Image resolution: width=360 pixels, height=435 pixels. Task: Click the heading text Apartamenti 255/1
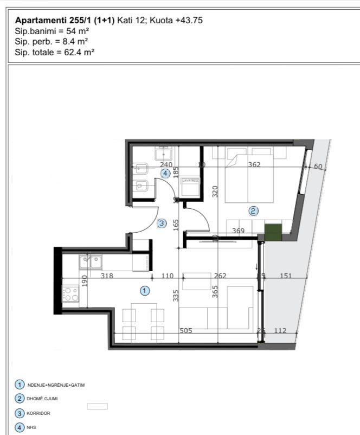coord(54,20)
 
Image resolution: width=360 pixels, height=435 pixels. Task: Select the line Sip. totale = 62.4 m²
coord(52,53)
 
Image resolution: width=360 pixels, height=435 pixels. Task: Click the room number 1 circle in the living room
coord(145,291)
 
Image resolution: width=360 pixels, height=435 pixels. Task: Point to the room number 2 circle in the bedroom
coord(253,210)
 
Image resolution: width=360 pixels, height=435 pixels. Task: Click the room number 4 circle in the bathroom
coord(165,172)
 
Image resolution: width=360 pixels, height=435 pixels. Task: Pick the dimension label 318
coord(107,276)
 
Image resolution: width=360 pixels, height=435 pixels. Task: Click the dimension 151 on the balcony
coord(285,276)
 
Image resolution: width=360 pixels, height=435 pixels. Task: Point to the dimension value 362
coord(254,165)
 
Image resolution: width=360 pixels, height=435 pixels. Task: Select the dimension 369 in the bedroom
coord(238,231)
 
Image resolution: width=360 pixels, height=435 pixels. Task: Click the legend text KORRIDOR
coord(38,413)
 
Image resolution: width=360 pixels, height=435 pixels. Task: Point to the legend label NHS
coord(31,427)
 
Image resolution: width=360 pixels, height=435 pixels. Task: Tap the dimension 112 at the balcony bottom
coord(280,330)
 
